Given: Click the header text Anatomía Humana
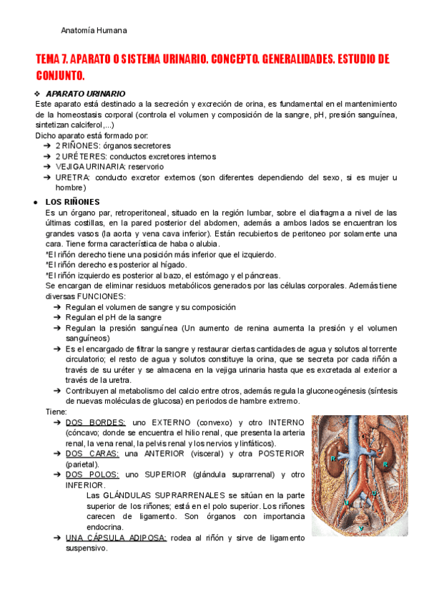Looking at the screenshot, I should click(94, 31).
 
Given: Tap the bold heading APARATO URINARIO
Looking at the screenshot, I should click(85, 94).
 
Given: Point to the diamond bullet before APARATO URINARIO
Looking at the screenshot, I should click(38, 94).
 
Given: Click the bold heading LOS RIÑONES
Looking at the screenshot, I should click(72, 202).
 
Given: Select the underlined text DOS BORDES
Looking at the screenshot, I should click(95, 422).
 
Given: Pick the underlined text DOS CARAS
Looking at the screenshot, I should click(92, 454).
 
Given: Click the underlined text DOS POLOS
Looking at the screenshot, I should click(92, 475).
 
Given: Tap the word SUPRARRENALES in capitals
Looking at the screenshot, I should click(186, 495).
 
